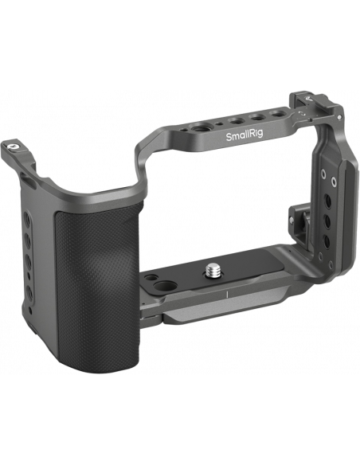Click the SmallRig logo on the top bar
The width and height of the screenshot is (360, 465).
click(x=245, y=135)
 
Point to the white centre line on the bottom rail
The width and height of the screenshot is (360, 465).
click(x=227, y=295)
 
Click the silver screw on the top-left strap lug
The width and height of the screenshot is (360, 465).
click(x=13, y=146)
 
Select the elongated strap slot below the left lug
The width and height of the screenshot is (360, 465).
click(x=28, y=182)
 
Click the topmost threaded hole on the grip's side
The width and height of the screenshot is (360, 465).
click(x=26, y=219)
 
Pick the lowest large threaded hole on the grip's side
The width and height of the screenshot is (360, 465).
click(x=29, y=293)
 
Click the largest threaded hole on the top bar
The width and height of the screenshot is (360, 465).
click(x=198, y=129)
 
